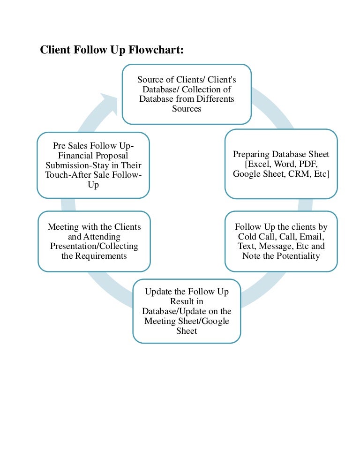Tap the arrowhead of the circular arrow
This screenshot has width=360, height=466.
click(x=110, y=101)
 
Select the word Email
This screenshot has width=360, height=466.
click(x=312, y=236)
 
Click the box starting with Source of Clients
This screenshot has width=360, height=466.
click(x=187, y=94)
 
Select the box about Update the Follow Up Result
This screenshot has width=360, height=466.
click(x=187, y=311)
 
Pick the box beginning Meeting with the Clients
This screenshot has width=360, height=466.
click(x=94, y=241)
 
